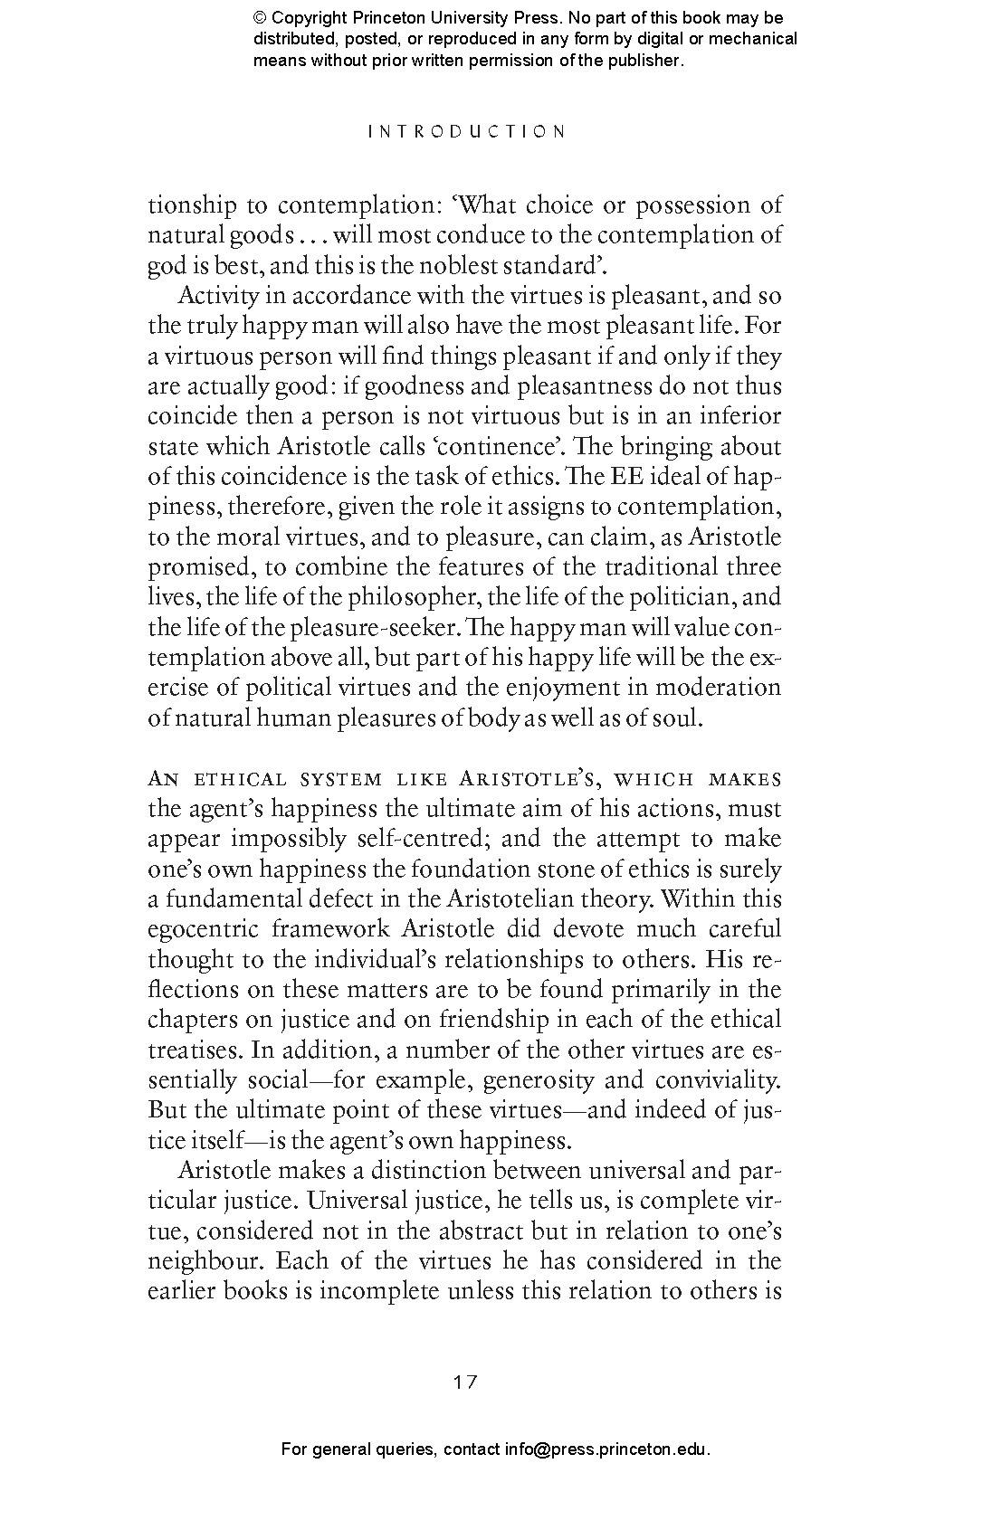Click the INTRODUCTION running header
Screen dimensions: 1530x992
467,131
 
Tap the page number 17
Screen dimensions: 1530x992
465,1382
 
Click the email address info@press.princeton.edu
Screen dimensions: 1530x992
606,1449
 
